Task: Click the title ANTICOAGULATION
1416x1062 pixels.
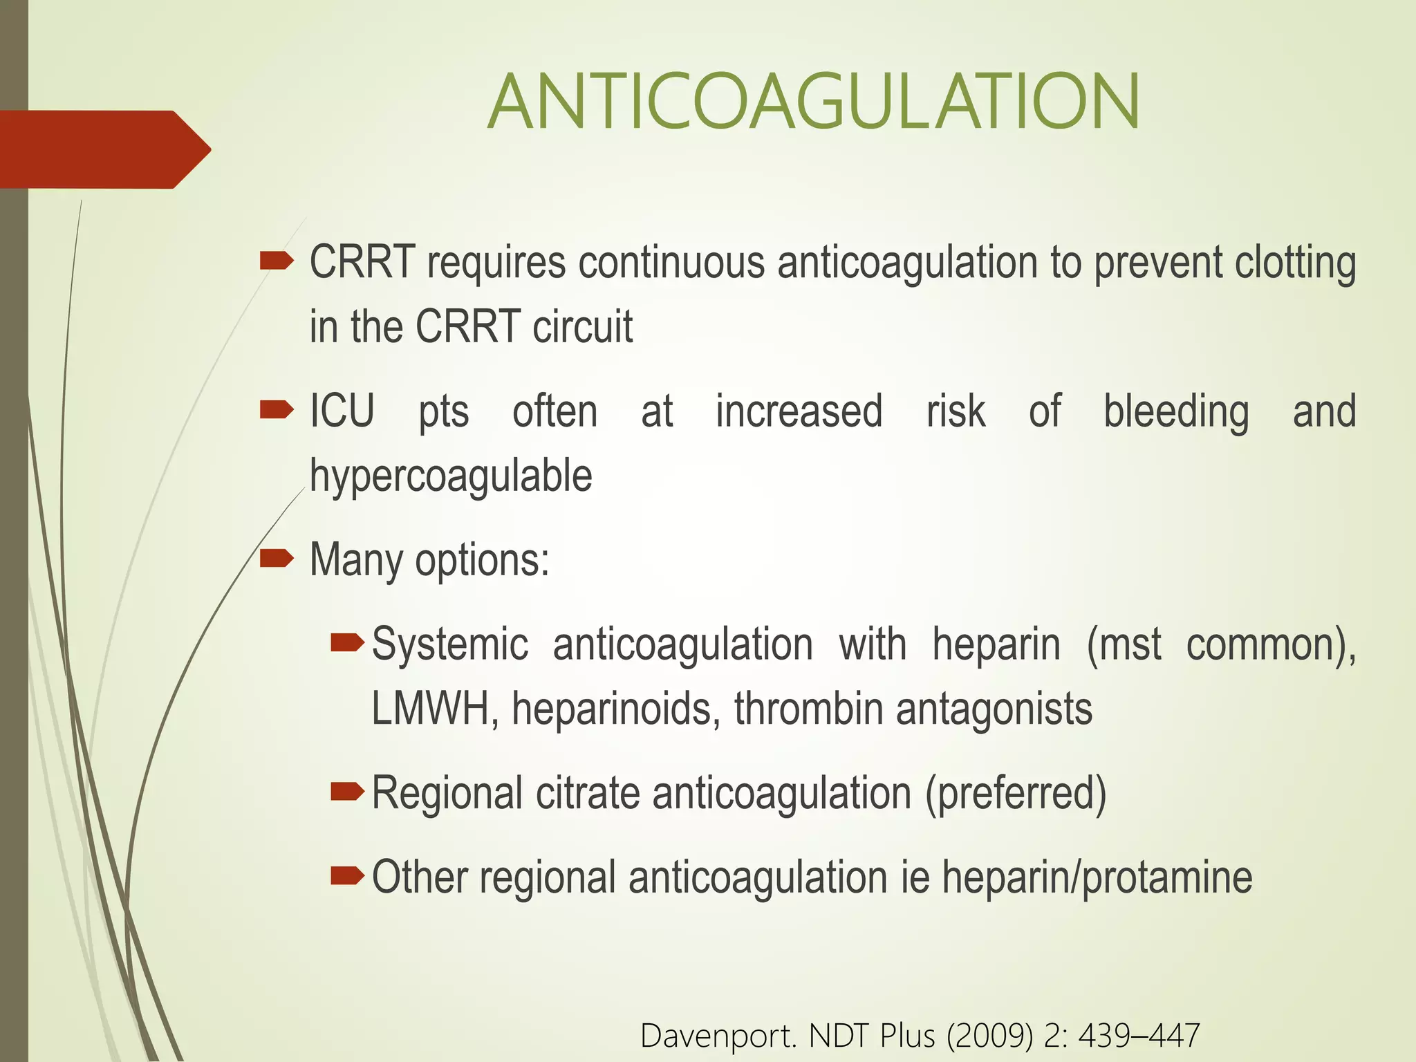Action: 813,102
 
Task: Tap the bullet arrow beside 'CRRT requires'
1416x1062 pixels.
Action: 277,261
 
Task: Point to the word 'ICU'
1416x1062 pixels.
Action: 342,411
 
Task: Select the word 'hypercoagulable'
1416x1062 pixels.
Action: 451,476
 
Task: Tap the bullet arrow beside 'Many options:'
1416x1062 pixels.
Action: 277,558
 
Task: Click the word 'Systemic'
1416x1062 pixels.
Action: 449,644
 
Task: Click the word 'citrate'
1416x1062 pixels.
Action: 587,793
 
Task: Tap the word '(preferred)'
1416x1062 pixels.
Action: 1016,793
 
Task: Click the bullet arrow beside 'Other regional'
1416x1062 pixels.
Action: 347,877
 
